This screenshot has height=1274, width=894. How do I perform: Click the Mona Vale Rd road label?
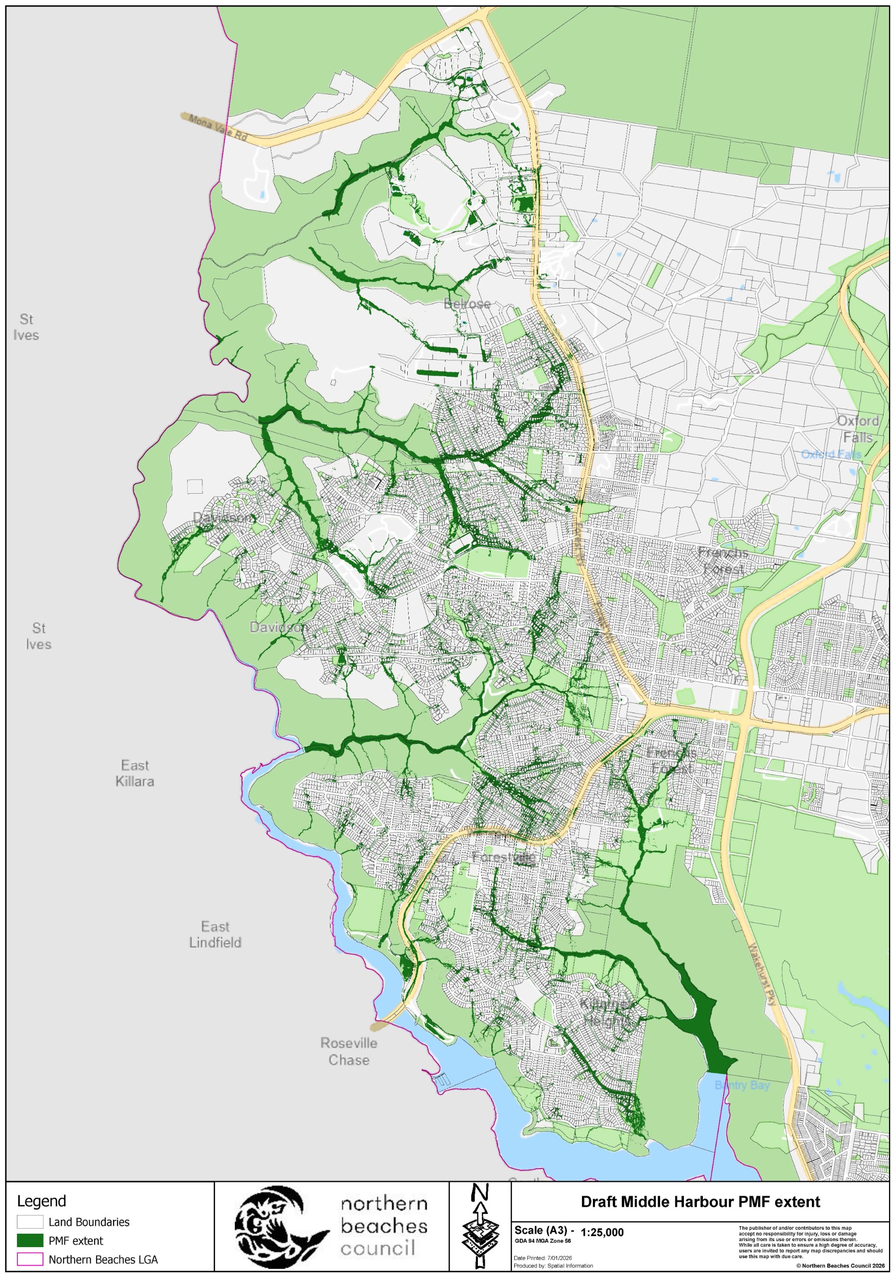pyautogui.click(x=217, y=127)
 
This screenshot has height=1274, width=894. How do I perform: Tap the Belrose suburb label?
pyautogui.click(x=467, y=304)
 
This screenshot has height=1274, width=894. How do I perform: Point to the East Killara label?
pyautogui.click(x=134, y=773)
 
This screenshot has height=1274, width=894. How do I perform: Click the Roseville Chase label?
pyautogui.click(x=348, y=1051)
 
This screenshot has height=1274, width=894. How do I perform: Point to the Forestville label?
pyautogui.click(x=503, y=857)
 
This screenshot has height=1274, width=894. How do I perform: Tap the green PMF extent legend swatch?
pyautogui.click(x=30, y=1240)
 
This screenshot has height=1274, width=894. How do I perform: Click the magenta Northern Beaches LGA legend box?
pyautogui.click(x=30, y=1259)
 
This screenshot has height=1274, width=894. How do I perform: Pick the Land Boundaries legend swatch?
pyautogui.click(x=30, y=1221)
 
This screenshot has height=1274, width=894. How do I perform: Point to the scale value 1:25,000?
pyautogui.click(x=602, y=1232)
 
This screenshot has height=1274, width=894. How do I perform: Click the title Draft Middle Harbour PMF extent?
pyautogui.click(x=700, y=1202)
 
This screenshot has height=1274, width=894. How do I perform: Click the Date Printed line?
pyautogui.click(x=542, y=1258)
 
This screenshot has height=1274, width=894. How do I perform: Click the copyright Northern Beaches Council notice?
pyautogui.click(x=840, y=1266)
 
